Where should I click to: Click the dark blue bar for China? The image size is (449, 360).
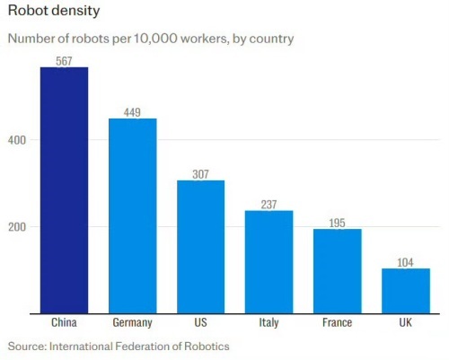tap(64, 190)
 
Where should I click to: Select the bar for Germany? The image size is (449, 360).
tap(132, 215)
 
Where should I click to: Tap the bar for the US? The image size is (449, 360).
tap(200, 247)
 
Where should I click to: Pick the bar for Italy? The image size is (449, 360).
tap(269, 261)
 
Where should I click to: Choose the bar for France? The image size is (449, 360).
tap(337, 271)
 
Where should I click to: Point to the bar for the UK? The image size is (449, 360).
tap(405, 291)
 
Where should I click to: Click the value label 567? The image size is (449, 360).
tap(64, 61)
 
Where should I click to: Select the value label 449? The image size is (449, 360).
tap(132, 112)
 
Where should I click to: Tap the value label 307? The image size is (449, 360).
tap(200, 174)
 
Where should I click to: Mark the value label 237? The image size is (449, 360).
tap(269, 204)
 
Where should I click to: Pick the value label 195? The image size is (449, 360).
tap(337, 223)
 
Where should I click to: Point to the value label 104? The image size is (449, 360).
tap(405, 262)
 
